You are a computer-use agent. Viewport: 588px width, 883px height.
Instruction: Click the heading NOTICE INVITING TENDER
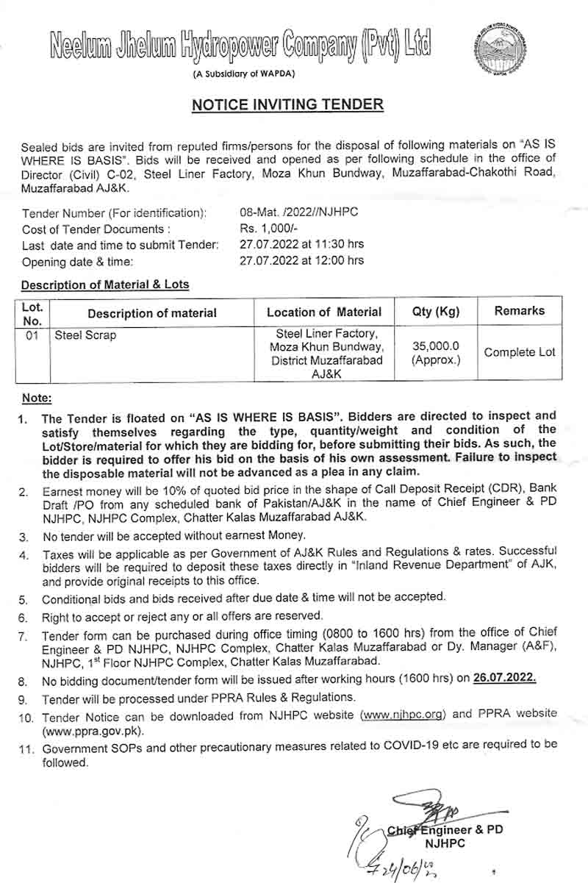pyautogui.click(x=287, y=104)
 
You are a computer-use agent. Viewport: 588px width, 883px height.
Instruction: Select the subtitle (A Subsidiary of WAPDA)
pyautogui.click(x=243, y=74)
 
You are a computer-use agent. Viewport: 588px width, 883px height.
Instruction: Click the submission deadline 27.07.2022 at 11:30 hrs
pyautogui.click(x=301, y=244)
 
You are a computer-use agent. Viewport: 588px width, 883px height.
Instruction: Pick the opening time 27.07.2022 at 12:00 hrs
pyautogui.click(x=301, y=260)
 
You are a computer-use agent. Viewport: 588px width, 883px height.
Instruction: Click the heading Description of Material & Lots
pyautogui.click(x=104, y=285)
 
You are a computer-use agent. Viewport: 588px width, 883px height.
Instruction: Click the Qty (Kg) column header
pyautogui.click(x=436, y=312)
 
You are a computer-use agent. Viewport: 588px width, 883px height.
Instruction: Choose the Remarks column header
pyautogui.click(x=519, y=311)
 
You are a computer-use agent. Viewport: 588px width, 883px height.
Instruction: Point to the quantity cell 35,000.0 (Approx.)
pyautogui.click(x=436, y=353)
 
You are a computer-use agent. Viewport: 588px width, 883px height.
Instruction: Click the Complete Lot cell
pyautogui.click(x=519, y=353)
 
